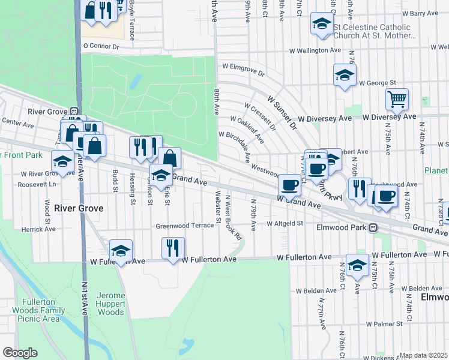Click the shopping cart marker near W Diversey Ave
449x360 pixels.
pyautogui.click(x=397, y=100)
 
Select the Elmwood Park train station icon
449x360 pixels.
pyautogui.click(x=373, y=227)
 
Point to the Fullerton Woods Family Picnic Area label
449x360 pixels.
pyautogui.click(x=41, y=310)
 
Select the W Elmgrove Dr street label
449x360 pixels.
pyautogui.click(x=243, y=69)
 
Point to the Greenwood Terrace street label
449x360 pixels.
pyautogui.click(x=185, y=226)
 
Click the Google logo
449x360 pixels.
pyautogui.click(x=19, y=353)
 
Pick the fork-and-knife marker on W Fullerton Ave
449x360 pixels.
pyautogui.click(x=172, y=247)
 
